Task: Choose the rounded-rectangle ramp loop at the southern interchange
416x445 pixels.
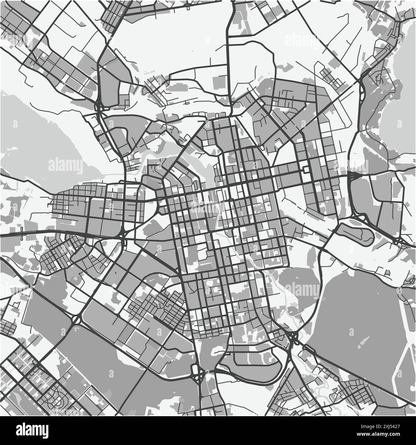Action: pos(195,371)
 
